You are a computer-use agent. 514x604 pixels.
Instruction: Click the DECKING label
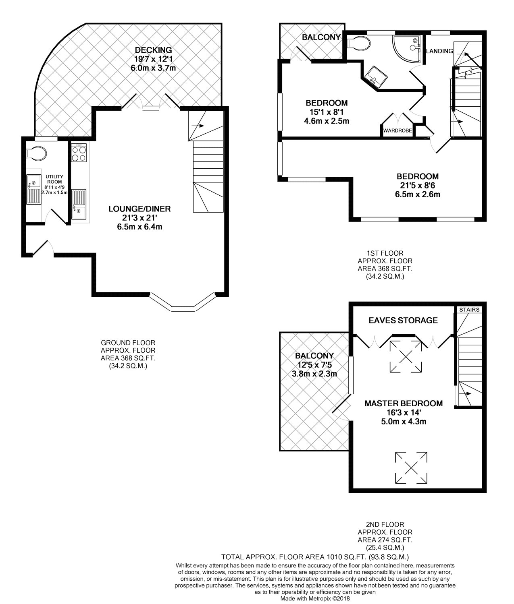pyautogui.click(x=153, y=50)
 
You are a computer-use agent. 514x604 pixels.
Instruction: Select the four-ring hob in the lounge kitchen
pyautogui.click(x=79, y=153)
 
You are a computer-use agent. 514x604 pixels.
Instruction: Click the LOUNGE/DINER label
pyautogui.click(x=139, y=209)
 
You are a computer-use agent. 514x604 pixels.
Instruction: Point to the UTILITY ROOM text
pyautogui.click(x=55, y=179)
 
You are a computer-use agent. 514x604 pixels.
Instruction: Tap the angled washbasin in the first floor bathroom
pyautogui.click(x=376, y=76)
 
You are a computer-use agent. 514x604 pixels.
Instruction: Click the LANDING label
pyautogui.click(x=439, y=51)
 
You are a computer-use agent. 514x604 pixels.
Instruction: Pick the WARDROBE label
pyautogui.click(x=397, y=130)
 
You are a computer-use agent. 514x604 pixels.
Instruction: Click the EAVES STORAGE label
pyautogui.click(x=403, y=320)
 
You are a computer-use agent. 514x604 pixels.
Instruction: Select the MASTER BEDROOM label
pyautogui.click(x=404, y=403)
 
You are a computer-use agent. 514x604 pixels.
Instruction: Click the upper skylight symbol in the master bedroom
pyautogui.click(x=406, y=356)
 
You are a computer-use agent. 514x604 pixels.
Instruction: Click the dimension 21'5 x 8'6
pyautogui.click(x=418, y=185)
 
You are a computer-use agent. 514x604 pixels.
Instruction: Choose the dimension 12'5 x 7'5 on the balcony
pyautogui.click(x=314, y=365)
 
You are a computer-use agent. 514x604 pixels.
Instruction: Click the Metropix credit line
pyautogui.click(x=315, y=598)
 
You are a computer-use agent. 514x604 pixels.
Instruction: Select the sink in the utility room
pyautogui.click(x=34, y=189)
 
